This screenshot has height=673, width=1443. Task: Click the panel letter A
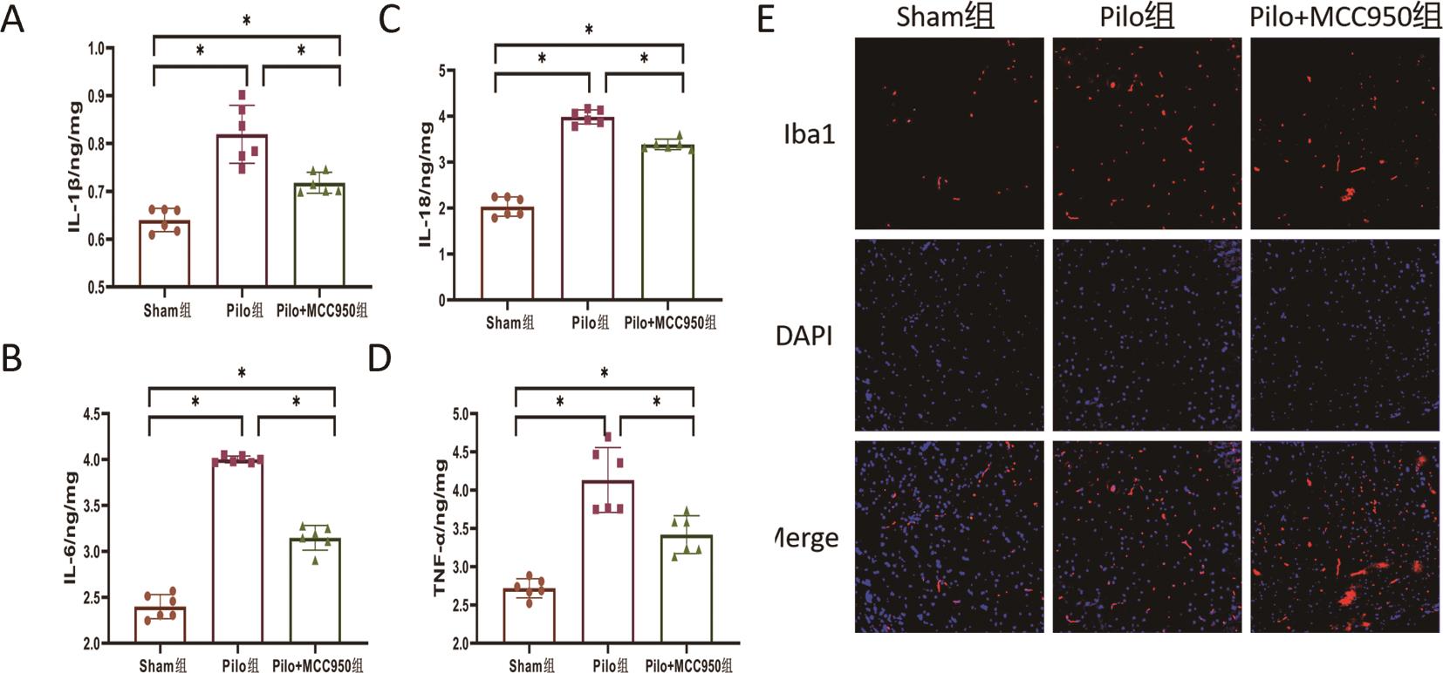(12, 19)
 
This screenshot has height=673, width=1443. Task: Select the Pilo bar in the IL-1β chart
(242, 210)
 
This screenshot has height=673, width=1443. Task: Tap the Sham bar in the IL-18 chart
(508, 254)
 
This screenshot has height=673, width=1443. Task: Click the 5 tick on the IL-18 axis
(441, 71)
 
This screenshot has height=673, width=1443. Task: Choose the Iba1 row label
(809, 134)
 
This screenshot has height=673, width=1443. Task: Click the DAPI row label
(804, 336)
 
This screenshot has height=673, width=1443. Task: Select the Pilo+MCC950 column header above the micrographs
(1344, 17)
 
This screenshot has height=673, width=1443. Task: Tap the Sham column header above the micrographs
(945, 17)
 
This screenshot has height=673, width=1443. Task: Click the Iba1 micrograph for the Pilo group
(1146, 133)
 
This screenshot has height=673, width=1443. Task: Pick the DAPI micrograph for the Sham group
(949, 335)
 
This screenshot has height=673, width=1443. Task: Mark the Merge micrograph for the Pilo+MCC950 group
(1344, 536)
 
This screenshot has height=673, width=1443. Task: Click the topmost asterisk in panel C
(589, 31)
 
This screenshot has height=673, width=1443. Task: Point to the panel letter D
(380, 358)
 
